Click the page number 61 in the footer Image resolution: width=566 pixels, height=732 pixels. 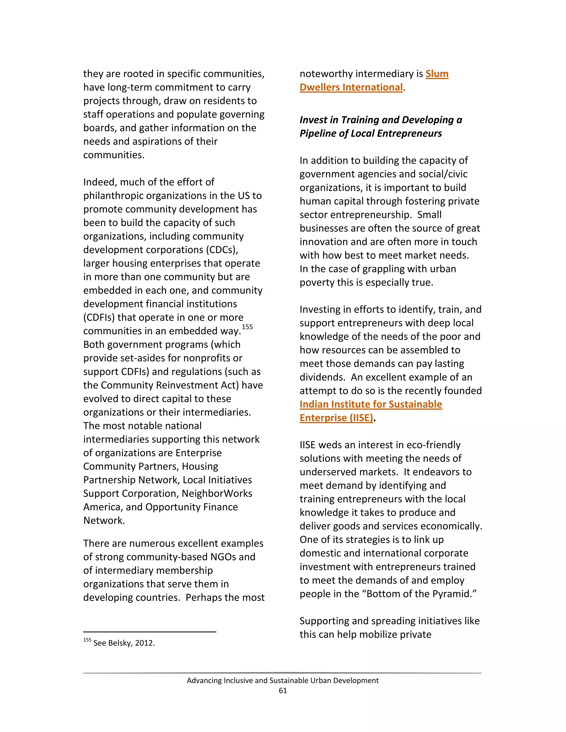(x=283, y=691)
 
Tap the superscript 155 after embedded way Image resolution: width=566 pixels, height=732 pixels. (x=247, y=327)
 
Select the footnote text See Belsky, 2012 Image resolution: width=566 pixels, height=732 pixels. (x=124, y=643)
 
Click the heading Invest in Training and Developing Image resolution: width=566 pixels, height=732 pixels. (x=380, y=120)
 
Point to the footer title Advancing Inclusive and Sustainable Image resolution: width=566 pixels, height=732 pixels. (x=282, y=680)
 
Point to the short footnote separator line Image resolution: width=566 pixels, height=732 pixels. (x=150, y=632)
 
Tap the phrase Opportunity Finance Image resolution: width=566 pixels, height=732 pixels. (x=192, y=507)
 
